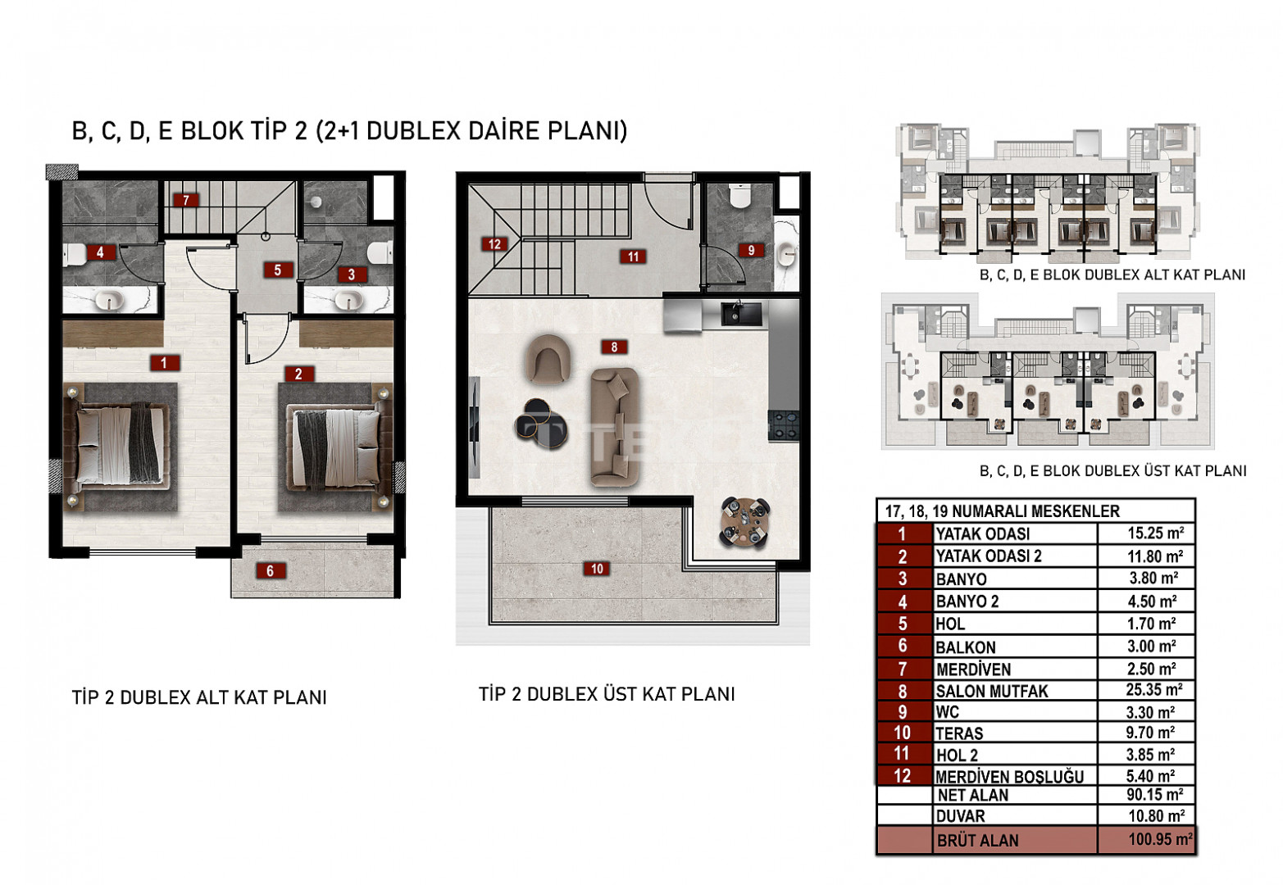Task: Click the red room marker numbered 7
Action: pos(185,201)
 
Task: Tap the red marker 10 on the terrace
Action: pos(597,569)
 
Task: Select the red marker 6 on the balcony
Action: pos(270,570)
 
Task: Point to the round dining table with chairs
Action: pos(744,522)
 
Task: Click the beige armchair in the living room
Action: pos(548,358)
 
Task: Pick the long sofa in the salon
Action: pos(615,427)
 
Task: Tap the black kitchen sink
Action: pos(740,313)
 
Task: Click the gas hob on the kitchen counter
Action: pos(783,425)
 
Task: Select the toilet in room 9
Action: pos(740,196)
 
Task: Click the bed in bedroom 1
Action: pos(121,447)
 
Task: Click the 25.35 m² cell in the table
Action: pos(1154,690)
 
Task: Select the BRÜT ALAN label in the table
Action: pos(978,841)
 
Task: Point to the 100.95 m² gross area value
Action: pos(1160,839)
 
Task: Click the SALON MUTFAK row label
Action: pos(991,692)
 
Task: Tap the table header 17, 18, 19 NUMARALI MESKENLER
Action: pos(1003,511)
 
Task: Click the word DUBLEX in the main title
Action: pos(413,130)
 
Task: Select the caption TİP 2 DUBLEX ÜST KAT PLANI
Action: pos(607,694)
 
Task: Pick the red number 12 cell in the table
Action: pos(902,776)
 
